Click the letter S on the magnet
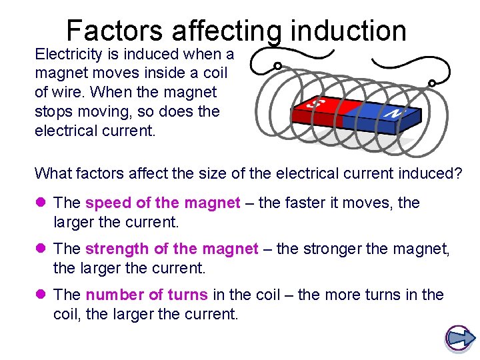pyautogui.click(x=318, y=105)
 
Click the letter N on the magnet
pyautogui.click(x=393, y=113)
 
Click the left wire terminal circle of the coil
pyautogui.click(x=277, y=67)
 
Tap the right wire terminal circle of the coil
pyautogui.click(x=432, y=83)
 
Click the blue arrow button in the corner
pyautogui.click(x=458, y=338)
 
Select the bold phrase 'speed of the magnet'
pyautogui.click(x=163, y=203)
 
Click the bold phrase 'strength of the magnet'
pyautogui.click(x=171, y=249)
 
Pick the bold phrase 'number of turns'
pyautogui.click(x=147, y=295)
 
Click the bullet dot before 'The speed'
pyautogui.click(x=41, y=203)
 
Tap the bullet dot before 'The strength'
pyautogui.click(x=41, y=249)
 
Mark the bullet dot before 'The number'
pyautogui.click(x=41, y=295)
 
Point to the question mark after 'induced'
pyautogui.click(x=457, y=173)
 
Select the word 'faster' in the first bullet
pyautogui.click(x=306, y=203)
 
